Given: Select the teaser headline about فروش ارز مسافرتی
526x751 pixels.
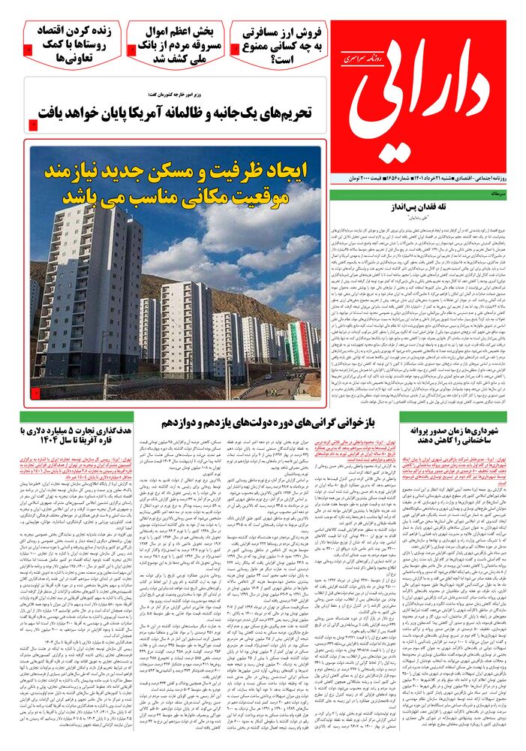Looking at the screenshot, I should click(x=280, y=44).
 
